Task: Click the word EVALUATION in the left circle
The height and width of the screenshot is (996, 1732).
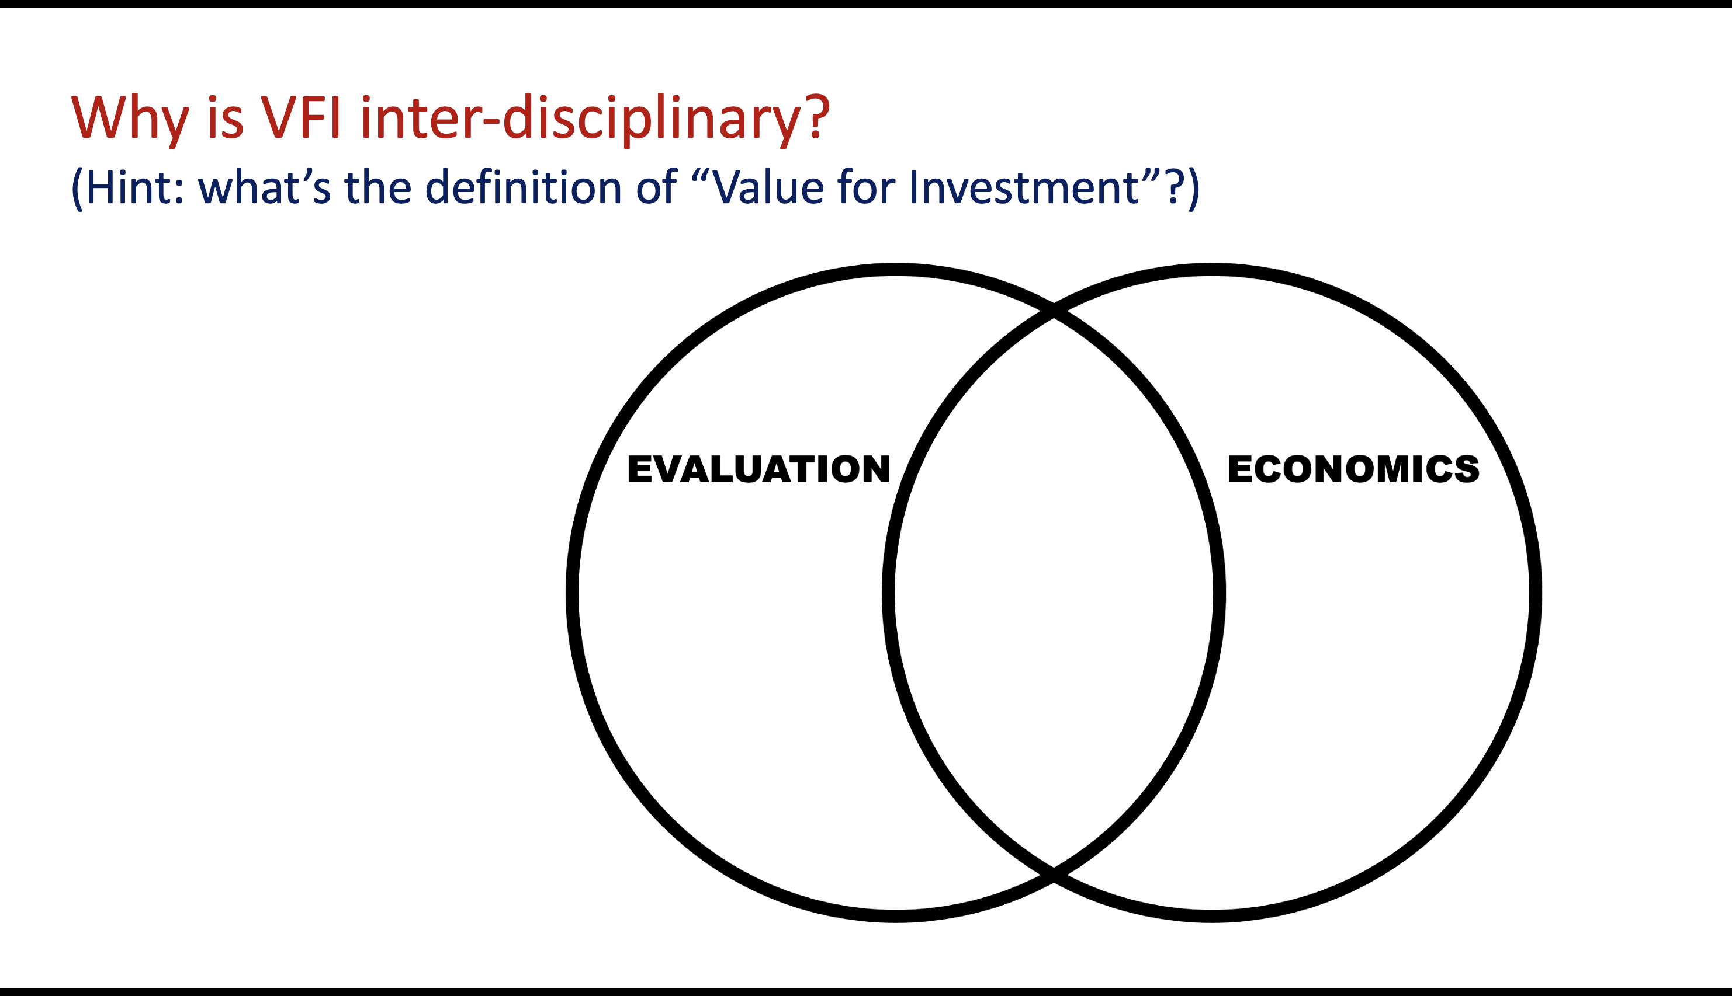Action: pyautogui.click(x=758, y=469)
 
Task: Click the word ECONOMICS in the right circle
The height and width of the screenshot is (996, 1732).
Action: pyautogui.click(x=1353, y=469)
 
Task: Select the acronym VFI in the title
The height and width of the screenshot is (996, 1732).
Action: pyautogui.click(x=300, y=116)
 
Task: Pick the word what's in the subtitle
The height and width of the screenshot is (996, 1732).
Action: pyautogui.click(x=264, y=186)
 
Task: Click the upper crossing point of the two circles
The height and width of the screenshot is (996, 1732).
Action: pyautogui.click(x=1054, y=309)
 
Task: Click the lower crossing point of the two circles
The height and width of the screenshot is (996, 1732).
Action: pyautogui.click(x=1054, y=876)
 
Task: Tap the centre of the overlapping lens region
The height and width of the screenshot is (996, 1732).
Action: pyautogui.click(x=1054, y=593)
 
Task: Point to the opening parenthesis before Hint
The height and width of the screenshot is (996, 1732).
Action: pyautogui.click(x=77, y=189)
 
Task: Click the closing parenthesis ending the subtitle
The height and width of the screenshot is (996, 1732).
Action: pyautogui.click(x=1193, y=189)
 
